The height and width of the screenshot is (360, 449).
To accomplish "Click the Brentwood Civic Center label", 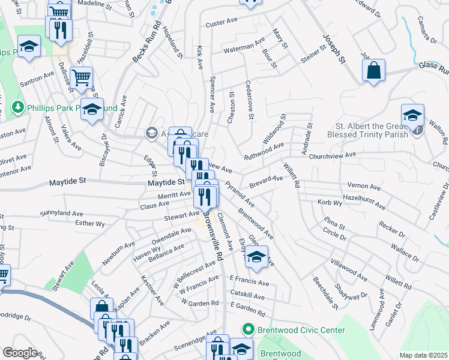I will point(301,330).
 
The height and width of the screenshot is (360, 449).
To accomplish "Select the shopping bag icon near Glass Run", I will point(374,70).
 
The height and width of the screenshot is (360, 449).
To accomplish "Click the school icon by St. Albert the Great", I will point(413,115).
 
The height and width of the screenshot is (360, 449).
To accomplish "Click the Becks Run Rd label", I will point(139,44).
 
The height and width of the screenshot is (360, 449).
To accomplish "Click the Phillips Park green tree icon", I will point(18,107).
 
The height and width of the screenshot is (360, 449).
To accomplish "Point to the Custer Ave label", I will point(222,24).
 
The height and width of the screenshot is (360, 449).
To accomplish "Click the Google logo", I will point(20,353).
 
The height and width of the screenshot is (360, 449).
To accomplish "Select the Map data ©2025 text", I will point(423,355).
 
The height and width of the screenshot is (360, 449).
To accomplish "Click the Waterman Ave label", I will point(244,46).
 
